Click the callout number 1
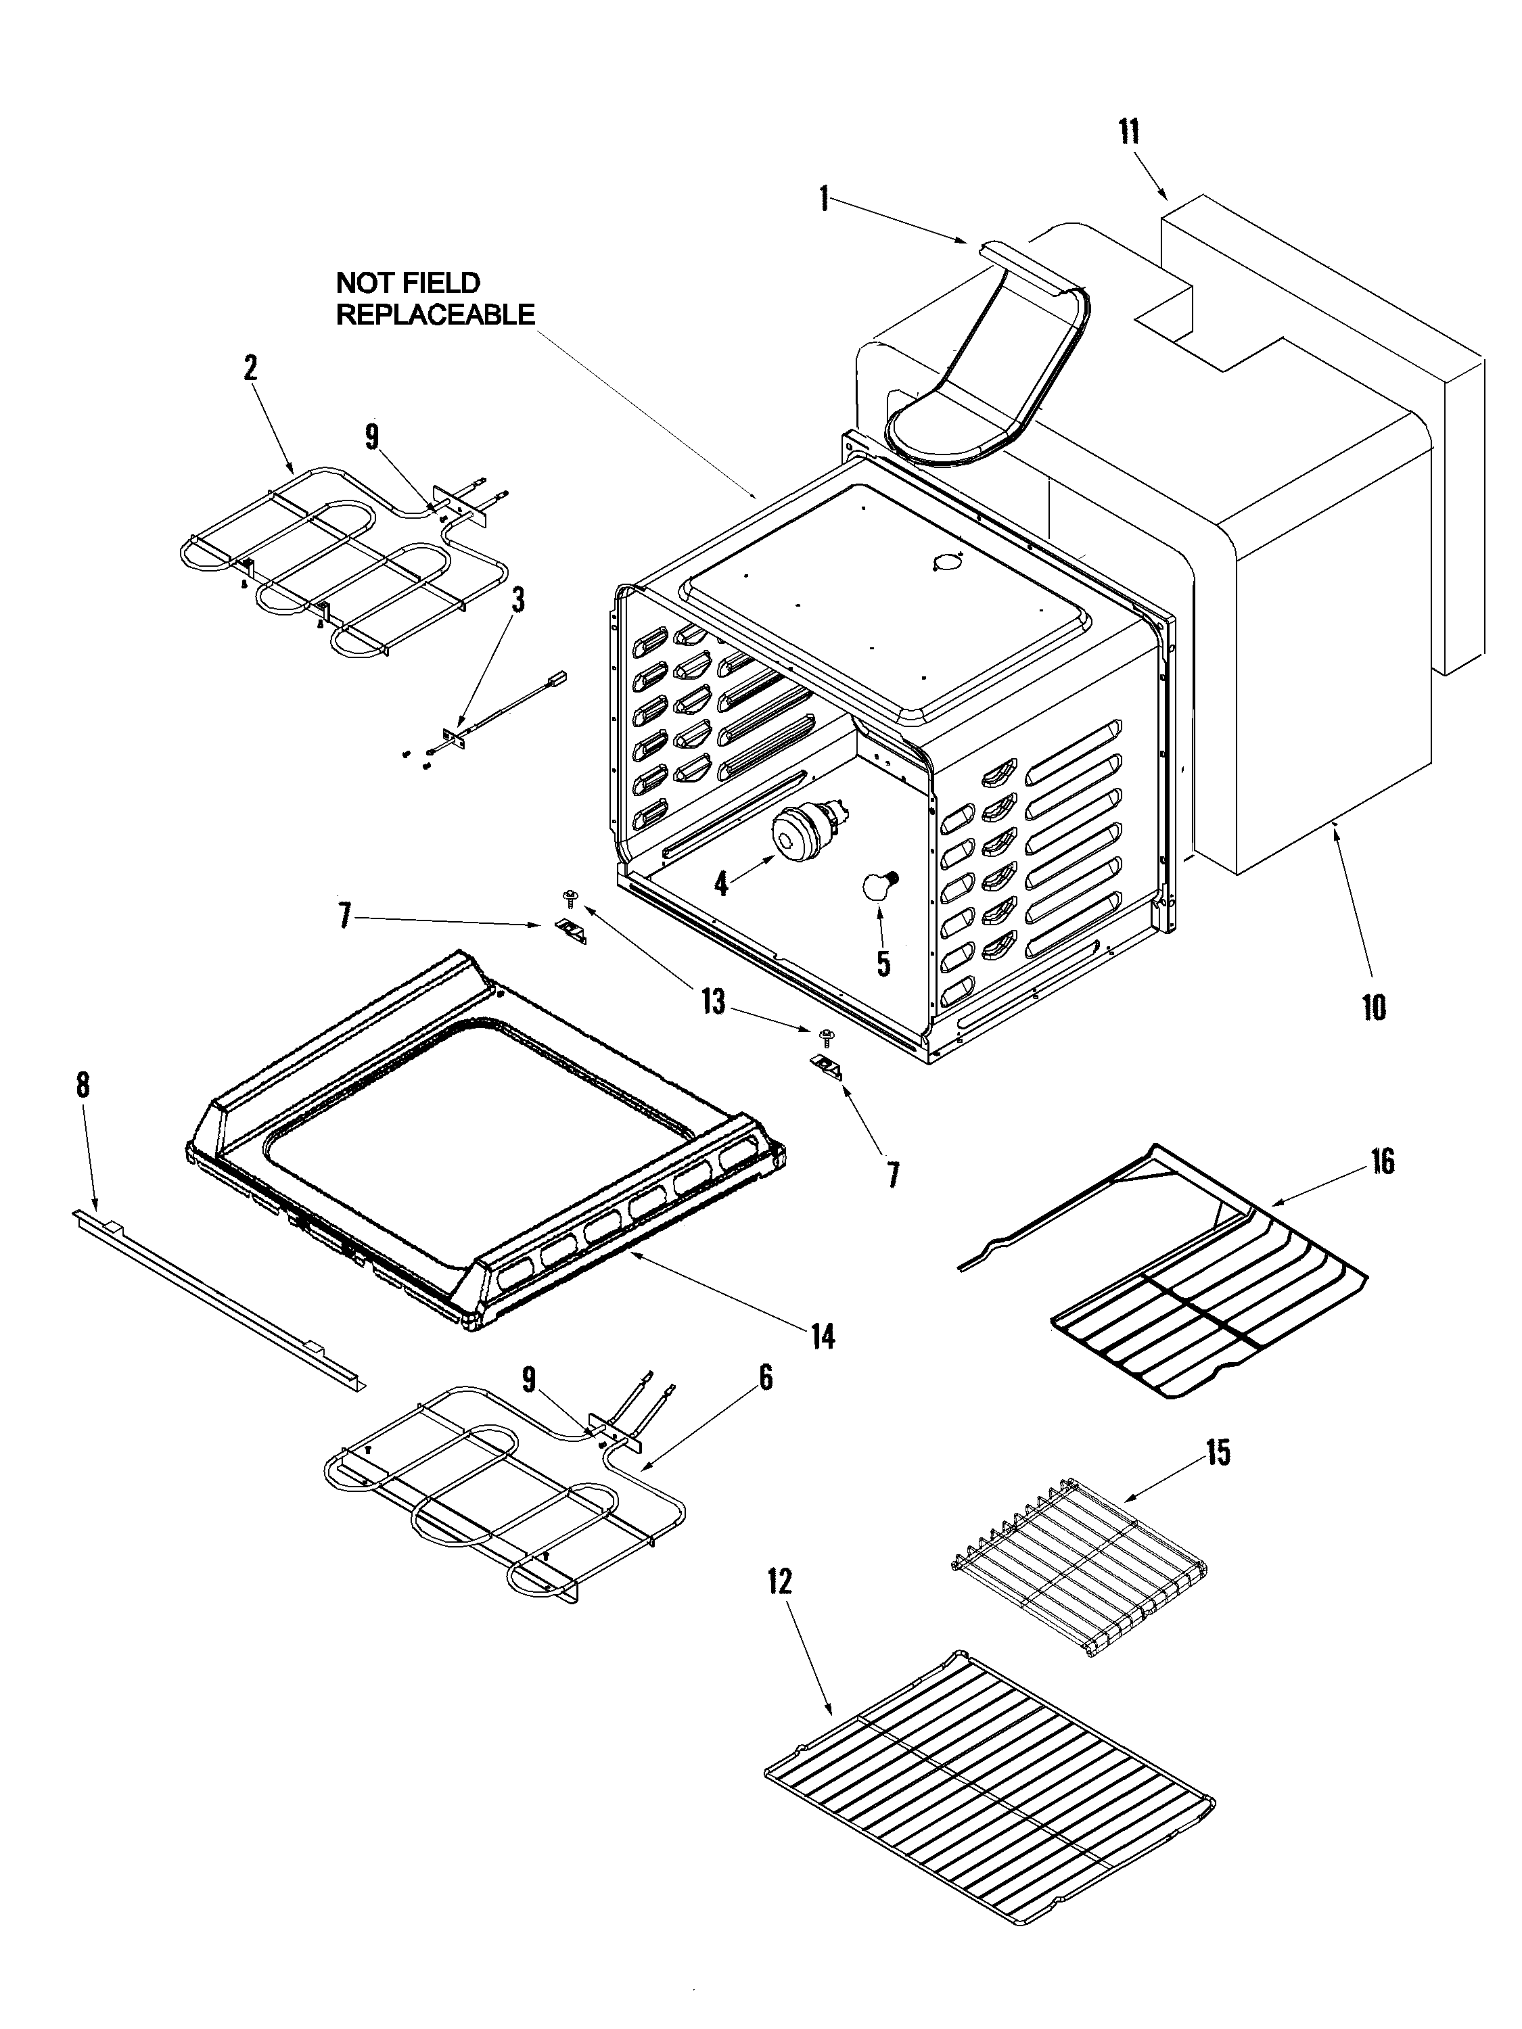(825, 198)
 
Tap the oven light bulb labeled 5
(875, 886)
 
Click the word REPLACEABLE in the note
(435, 314)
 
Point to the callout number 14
(823, 1337)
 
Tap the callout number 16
(1383, 1161)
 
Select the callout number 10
(1373, 1007)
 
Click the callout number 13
(713, 1002)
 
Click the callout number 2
(250, 368)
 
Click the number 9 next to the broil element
(371, 437)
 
